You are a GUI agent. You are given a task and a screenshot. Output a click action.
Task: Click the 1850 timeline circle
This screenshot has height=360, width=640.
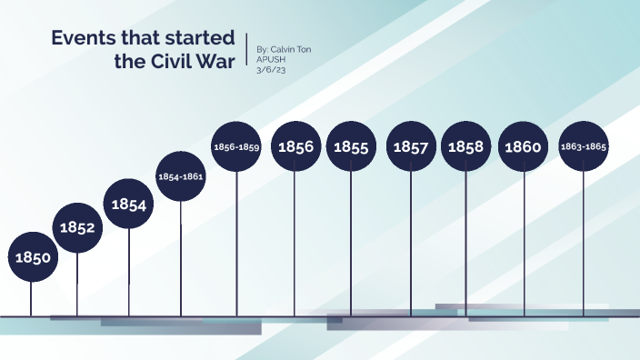point(32,257)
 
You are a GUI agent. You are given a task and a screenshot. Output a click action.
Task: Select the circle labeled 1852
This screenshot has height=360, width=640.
point(78,228)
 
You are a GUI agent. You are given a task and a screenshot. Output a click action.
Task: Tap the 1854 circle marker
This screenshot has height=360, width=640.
point(129,205)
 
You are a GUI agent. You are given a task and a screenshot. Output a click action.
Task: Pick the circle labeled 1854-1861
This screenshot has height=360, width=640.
point(181,176)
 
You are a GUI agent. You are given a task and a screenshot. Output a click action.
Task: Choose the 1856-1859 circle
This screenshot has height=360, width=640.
point(236,146)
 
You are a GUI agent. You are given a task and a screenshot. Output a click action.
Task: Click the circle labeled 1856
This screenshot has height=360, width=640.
point(295,146)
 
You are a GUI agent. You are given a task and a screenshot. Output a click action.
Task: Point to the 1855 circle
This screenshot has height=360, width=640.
point(351,146)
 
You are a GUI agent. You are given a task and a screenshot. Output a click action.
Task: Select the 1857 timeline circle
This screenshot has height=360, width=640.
point(411,146)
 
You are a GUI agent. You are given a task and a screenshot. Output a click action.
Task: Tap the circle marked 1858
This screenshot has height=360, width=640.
point(465,146)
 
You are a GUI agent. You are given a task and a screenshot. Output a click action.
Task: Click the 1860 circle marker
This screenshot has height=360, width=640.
point(524,146)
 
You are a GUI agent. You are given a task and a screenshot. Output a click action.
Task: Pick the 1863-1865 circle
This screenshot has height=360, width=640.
point(584,146)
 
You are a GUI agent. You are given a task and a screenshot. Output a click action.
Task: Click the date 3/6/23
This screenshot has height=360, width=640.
point(271,67)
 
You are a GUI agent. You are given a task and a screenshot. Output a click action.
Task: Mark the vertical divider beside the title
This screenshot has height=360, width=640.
point(248,51)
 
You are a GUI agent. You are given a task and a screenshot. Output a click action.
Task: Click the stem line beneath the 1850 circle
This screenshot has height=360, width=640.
point(32,298)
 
